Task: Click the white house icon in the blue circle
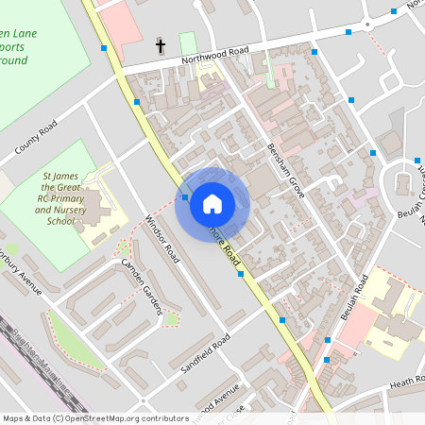tap(212, 203)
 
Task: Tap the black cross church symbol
tap(161, 45)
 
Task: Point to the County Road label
tap(36, 138)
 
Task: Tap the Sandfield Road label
tap(207, 356)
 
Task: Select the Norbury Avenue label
tap(21, 273)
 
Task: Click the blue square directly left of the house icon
tap(185, 197)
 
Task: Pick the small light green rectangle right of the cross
tap(188, 43)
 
